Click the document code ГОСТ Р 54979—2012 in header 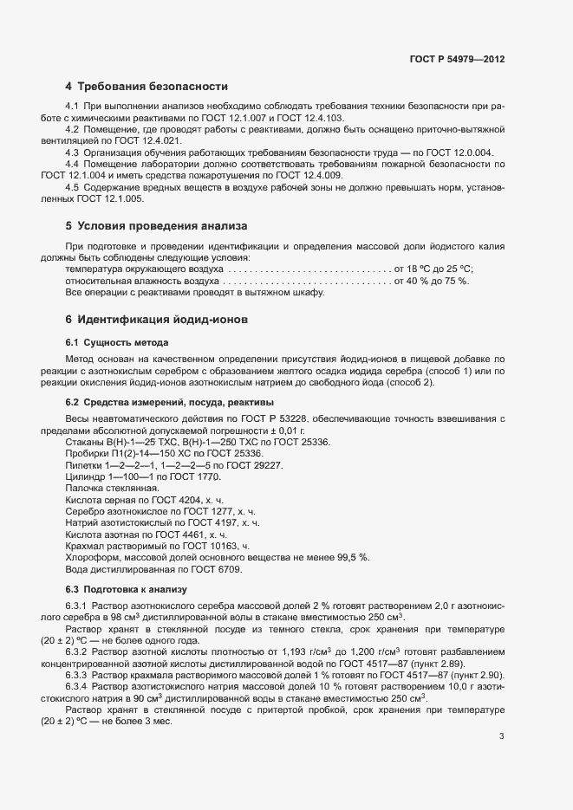(457, 59)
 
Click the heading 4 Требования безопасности (147, 87)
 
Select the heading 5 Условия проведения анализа (156, 225)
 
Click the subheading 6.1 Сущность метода (117, 343)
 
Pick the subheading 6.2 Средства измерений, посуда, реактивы (170, 402)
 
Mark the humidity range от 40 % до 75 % (431, 282)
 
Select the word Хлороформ (92, 557)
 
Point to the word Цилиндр (85, 477)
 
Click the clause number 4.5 (73, 187)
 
